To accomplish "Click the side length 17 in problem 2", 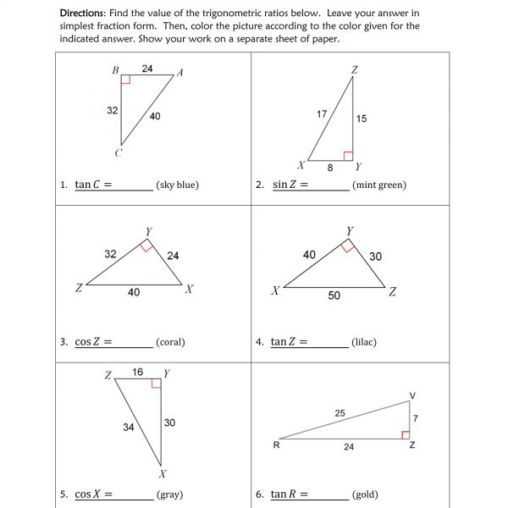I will [322, 113].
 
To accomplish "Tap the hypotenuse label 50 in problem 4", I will [334, 295].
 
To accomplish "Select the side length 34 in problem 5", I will [128, 428].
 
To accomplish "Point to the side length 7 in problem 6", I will [416, 418].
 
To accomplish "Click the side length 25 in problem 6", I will [340, 413].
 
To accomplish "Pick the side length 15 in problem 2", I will [362, 119].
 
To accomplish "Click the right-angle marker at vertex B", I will [126, 80].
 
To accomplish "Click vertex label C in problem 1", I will [118, 152].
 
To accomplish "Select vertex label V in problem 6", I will [412, 395].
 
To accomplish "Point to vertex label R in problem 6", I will [276, 445].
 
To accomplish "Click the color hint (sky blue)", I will [177, 185].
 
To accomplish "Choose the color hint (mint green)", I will [378, 185].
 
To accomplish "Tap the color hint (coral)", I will [170, 342].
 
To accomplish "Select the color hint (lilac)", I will [364, 342].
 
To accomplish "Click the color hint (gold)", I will [365, 494].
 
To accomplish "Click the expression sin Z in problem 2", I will [285, 185].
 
